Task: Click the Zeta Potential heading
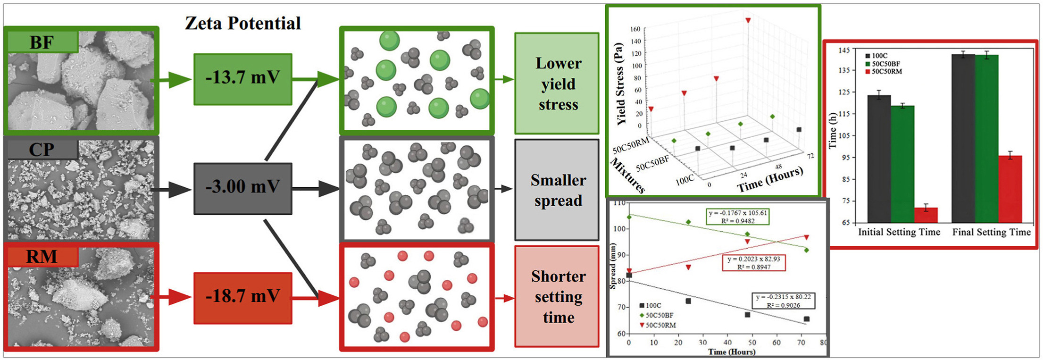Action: pyautogui.click(x=242, y=23)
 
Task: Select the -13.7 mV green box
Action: pyautogui.click(x=242, y=79)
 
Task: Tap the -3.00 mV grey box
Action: pyautogui.click(x=242, y=188)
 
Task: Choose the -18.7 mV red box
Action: pyautogui.click(x=242, y=298)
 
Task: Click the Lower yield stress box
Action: pyautogui.click(x=557, y=84)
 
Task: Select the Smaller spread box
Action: pyautogui.click(x=557, y=190)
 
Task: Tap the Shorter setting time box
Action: pyautogui.click(x=557, y=296)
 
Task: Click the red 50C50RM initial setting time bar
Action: pyautogui.click(x=926, y=215)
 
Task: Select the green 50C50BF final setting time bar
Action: pyautogui.click(x=986, y=139)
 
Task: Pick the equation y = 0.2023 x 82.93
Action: pyautogui.click(x=754, y=259)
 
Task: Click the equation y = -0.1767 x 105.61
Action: pyautogui.click(x=738, y=213)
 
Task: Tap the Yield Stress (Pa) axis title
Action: pyautogui.click(x=620, y=84)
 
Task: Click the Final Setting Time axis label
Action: pyautogui.click(x=991, y=232)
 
